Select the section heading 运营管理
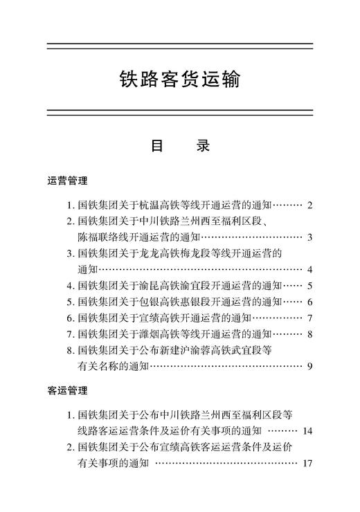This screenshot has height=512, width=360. click(x=67, y=181)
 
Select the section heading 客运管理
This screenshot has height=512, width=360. click(x=67, y=391)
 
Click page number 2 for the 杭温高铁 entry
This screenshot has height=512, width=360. click(x=311, y=205)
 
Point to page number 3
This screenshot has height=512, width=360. click(x=311, y=237)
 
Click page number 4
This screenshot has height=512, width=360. click(x=311, y=269)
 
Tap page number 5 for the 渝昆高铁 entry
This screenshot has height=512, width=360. click(x=311, y=285)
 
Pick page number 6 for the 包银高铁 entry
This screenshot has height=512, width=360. click(x=311, y=302)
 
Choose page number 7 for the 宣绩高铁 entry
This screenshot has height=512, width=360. click(x=311, y=318)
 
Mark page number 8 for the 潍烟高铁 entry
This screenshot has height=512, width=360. click(x=311, y=334)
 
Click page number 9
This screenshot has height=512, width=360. click(x=311, y=366)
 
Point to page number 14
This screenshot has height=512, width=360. click(x=308, y=431)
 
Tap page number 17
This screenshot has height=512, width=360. click(x=308, y=464)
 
